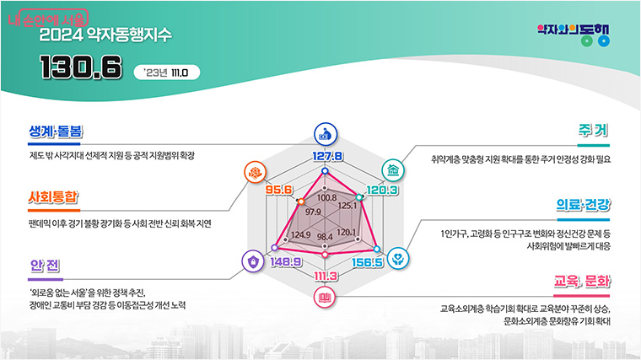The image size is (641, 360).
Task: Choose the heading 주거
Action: [x=593, y=132]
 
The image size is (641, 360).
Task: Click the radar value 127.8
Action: [x=327, y=157]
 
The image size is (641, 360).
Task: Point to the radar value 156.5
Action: [x=367, y=262]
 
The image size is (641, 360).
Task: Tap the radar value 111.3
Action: [x=326, y=277]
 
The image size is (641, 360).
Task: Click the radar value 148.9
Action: [x=283, y=262]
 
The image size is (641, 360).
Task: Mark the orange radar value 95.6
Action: [x=278, y=191]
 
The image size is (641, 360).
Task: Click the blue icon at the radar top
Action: [x=325, y=133]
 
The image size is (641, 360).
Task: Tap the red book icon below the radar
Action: [x=325, y=297]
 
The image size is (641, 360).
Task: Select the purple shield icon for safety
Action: [x=252, y=261]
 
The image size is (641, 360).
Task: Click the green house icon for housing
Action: [x=393, y=169]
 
